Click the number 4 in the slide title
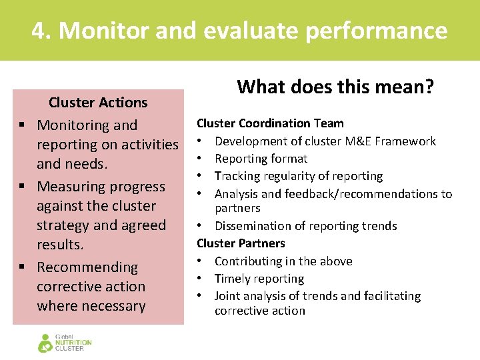point(40,31)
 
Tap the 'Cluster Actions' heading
point(98,103)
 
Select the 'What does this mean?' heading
point(335,87)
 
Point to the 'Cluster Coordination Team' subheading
point(270,123)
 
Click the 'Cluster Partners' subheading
point(241,243)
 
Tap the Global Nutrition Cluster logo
point(65,342)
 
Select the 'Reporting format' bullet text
point(261,159)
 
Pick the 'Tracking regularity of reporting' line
point(299,176)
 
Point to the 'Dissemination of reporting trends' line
point(305,226)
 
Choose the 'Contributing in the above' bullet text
point(283,261)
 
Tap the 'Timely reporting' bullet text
point(259,279)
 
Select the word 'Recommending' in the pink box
point(87,267)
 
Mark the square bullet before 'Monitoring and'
point(22,125)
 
